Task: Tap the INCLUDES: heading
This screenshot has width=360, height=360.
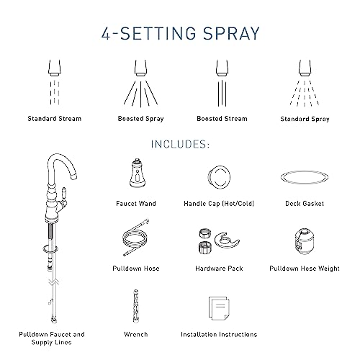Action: (x=180, y=144)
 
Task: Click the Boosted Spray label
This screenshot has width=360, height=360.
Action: (x=139, y=117)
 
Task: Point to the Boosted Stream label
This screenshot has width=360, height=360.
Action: (x=221, y=117)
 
